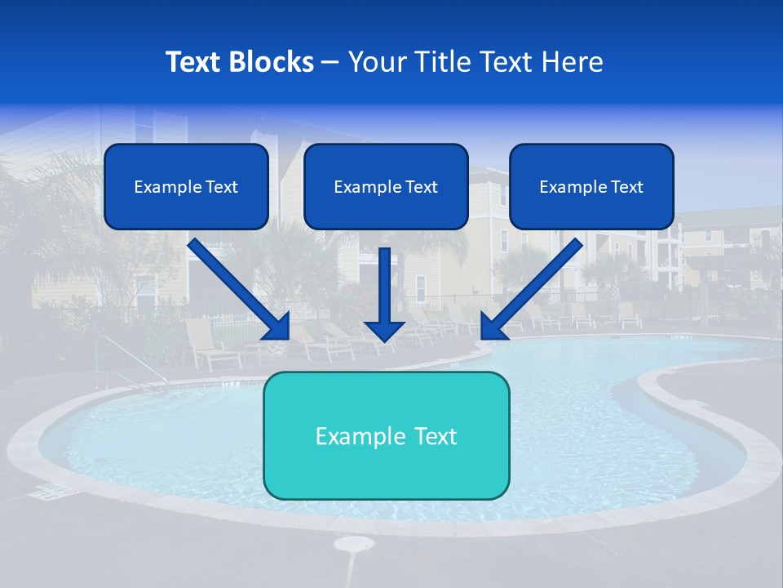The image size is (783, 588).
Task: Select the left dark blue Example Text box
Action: coord(186,187)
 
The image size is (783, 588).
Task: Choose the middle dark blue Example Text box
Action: coord(386,187)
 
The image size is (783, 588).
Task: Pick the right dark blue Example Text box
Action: coord(591,187)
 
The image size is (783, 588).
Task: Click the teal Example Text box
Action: coord(386,435)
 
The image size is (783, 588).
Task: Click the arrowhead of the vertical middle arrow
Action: coord(384,330)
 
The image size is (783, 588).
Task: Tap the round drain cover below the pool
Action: coord(353,544)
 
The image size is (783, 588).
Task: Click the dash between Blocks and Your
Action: coord(330,62)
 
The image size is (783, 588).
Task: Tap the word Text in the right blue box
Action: coord(626,187)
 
